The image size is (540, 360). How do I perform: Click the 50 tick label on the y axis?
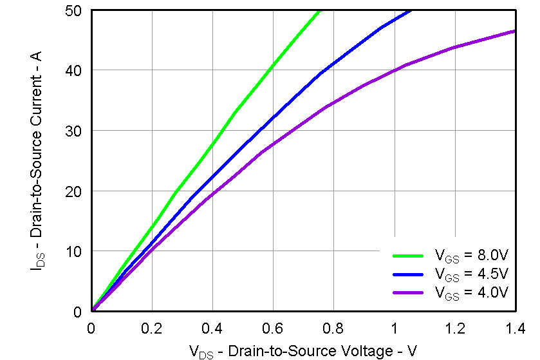tap(73, 11)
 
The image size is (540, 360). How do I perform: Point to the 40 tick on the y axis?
tap(73, 71)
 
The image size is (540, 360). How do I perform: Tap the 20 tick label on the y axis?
tap(73, 191)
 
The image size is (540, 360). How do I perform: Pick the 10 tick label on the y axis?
tap(73, 251)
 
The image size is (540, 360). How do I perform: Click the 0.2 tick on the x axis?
tap(152, 328)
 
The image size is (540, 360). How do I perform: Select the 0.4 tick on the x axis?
tap(212, 328)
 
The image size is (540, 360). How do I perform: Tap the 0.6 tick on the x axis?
tap(273, 328)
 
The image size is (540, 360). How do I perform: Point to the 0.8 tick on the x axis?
tap(333, 328)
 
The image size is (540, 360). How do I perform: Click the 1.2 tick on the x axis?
tap(454, 328)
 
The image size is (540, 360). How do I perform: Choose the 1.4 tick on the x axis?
tap(515, 328)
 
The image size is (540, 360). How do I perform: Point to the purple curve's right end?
tap(515, 31)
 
